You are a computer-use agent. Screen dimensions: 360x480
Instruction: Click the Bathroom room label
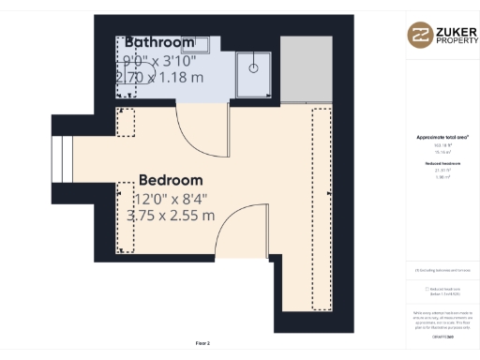tap(159, 42)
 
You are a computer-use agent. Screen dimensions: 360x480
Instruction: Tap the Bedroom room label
tap(171, 180)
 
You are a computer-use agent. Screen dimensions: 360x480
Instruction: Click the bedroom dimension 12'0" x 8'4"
tap(171, 198)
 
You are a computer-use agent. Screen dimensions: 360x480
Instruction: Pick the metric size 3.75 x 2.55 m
tap(171, 216)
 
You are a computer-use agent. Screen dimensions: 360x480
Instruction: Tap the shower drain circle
tap(252, 67)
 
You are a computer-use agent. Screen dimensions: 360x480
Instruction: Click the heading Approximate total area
tap(442, 137)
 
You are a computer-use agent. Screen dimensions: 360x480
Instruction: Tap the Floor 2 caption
tap(202, 343)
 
